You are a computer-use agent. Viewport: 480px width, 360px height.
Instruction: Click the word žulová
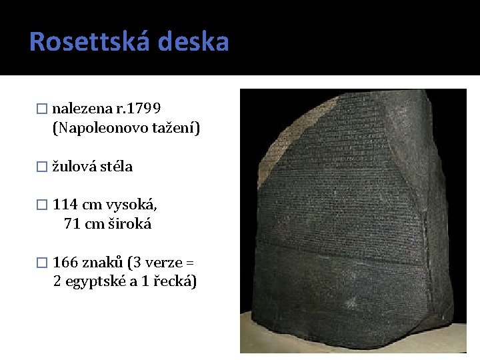click(75, 167)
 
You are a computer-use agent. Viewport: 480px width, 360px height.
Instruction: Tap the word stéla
click(116, 167)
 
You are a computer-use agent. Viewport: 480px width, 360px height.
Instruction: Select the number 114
click(65, 204)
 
